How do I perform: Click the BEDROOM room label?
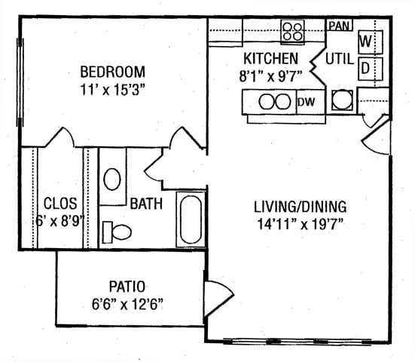click(x=113, y=72)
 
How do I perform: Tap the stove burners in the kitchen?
click(x=292, y=31)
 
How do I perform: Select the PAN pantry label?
click(x=339, y=26)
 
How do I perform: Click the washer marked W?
click(x=371, y=42)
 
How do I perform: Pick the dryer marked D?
click(x=371, y=69)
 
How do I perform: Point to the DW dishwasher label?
click(x=307, y=102)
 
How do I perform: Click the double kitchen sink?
click(x=275, y=102)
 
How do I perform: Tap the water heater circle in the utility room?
click(x=342, y=100)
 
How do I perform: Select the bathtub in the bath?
click(x=191, y=219)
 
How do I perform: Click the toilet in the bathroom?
click(x=117, y=232)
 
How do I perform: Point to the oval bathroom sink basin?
click(x=112, y=179)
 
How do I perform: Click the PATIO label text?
click(x=127, y=287)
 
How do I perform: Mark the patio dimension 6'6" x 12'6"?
click(x=127, y=304)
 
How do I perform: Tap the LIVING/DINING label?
click(x=300, y=207)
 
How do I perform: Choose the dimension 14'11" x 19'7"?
click(x=301, y=225)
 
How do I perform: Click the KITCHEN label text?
click(x=270, y=59)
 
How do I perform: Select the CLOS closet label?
click(x=60, y=204)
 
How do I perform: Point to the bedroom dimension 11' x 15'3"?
click(x=113, y=90)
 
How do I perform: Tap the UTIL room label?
click(x=340, y=59)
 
